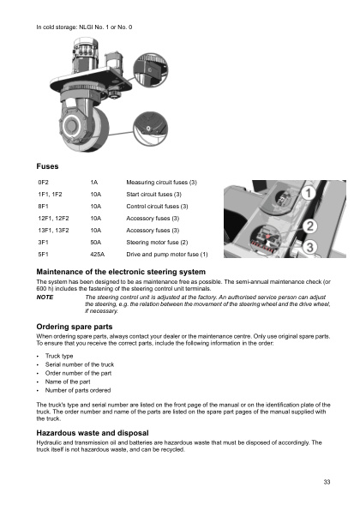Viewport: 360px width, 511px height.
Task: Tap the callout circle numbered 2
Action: point(311,227)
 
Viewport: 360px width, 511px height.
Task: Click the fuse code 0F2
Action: point(43,183)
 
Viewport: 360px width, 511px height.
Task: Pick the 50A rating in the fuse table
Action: point(96,243)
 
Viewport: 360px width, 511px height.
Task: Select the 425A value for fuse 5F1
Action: point(97,255)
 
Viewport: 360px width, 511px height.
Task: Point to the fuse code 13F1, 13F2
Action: point(53,231)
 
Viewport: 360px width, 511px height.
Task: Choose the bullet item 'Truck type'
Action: point(60,357)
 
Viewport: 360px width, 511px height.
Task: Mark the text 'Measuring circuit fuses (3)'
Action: point(161,183)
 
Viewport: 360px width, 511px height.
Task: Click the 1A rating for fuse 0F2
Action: point(93,183)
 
